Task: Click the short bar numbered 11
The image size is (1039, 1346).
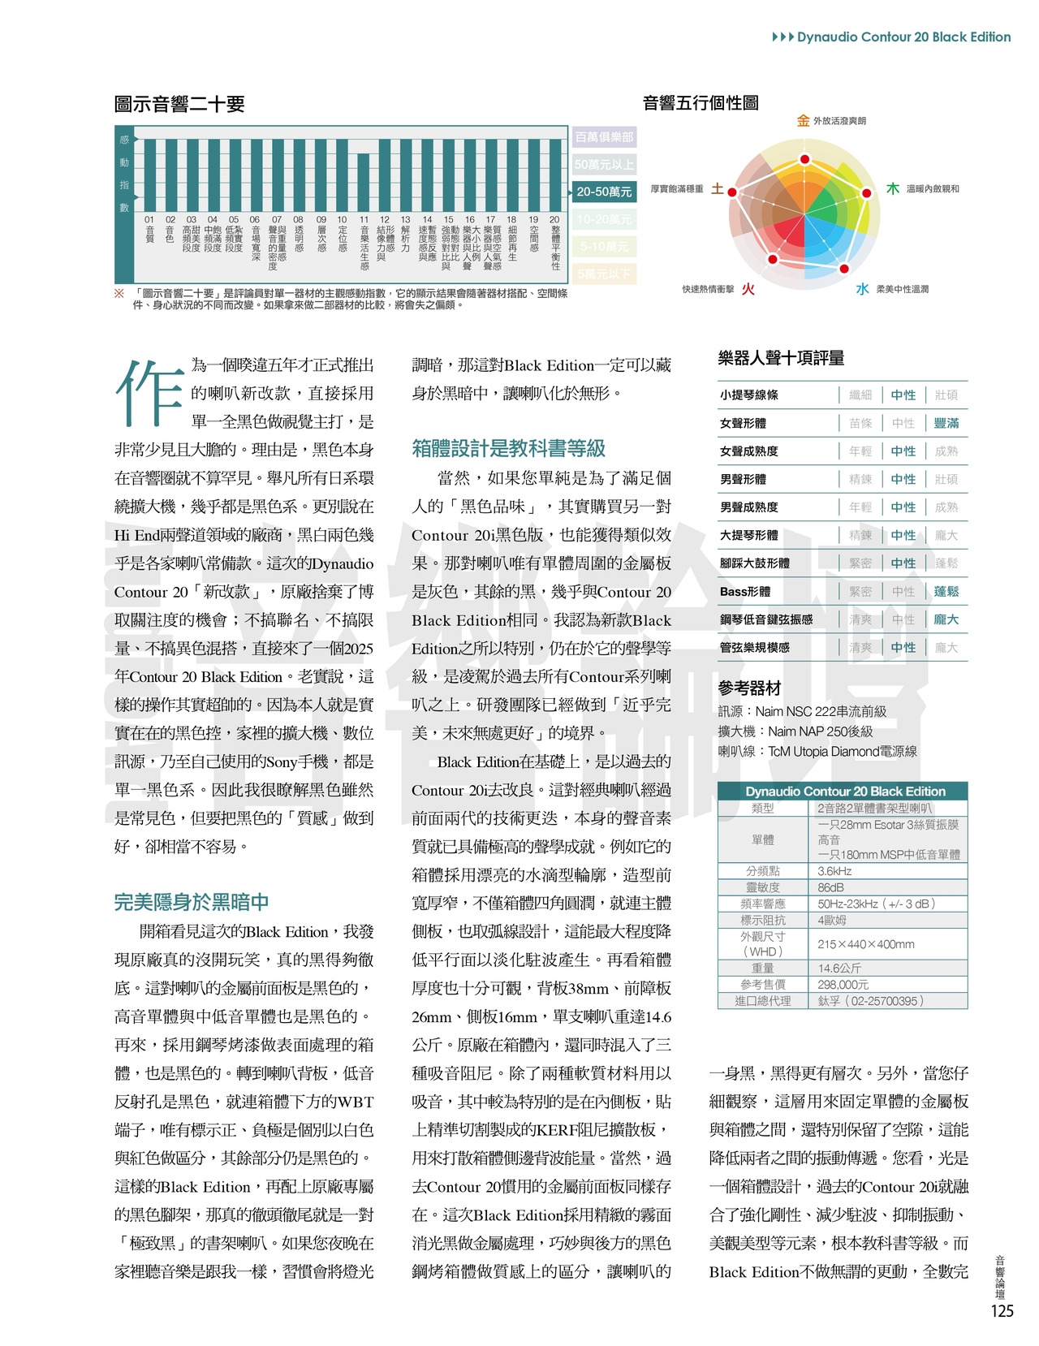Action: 363,182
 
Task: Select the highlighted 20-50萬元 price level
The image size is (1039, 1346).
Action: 604,192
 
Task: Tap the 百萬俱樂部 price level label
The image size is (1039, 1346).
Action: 604,137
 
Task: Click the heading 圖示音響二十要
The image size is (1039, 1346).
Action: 179,104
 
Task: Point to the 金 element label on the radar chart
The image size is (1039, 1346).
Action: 803,121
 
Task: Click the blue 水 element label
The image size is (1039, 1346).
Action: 862,289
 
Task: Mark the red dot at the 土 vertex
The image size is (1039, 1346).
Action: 731,192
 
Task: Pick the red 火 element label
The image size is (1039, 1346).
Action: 748,289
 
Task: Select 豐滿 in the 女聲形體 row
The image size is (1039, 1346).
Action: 946,423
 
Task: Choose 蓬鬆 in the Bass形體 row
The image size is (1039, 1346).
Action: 946,592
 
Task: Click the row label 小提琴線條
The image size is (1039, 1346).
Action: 749,395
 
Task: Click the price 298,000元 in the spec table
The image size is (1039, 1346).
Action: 843,985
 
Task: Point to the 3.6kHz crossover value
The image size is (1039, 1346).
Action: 834,871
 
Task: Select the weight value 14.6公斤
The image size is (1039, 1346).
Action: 839,969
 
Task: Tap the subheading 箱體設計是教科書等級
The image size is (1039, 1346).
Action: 508,448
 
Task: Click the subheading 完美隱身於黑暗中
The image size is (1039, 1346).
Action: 192,902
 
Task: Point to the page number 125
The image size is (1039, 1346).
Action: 1002,1311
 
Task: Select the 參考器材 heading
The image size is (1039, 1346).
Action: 749,688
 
